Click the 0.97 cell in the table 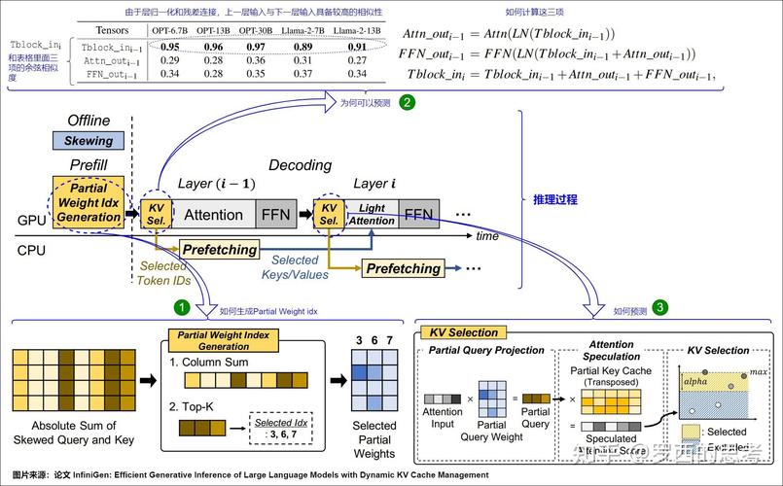coord(257,47)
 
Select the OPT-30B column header coord(257,30)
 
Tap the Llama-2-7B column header coord(303,30)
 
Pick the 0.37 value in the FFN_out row coord(303,73)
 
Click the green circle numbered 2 coord(407,101)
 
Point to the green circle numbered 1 coord(182,309)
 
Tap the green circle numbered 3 coord(660,309)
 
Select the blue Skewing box coord(89,140)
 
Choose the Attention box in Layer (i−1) coord(213,215)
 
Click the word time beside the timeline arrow coord(487,236)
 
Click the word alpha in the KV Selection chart coord(696,383)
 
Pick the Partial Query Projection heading coord(486,350)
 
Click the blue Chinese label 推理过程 coord(555,199)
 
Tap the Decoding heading coord(300,165)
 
